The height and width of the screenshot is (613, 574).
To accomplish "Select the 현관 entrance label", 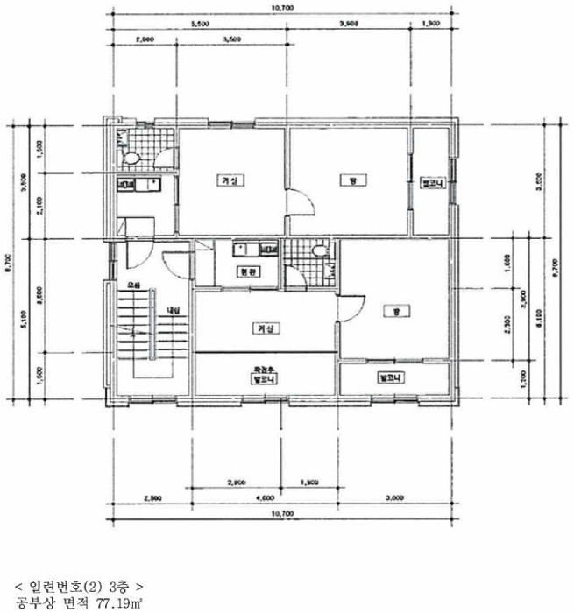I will pyautogui.click(x=247, y=272).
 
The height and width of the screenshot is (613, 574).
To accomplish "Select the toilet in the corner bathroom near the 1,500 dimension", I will pyautogui.click(x=131, y=159).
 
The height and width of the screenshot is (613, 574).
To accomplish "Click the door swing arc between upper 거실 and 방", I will pyautogui.click(x=301, y=204).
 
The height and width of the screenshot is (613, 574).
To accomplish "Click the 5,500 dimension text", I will pyautogui.click(x=200, y=25).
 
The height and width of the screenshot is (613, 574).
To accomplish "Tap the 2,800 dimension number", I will pyautogui.click(x=235, y=483).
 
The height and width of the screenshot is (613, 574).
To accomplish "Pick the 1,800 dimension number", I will pyautogui.click(x=309, y=483).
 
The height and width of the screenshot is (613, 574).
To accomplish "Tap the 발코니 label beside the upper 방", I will pyautogui.click(x=433, y=185).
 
